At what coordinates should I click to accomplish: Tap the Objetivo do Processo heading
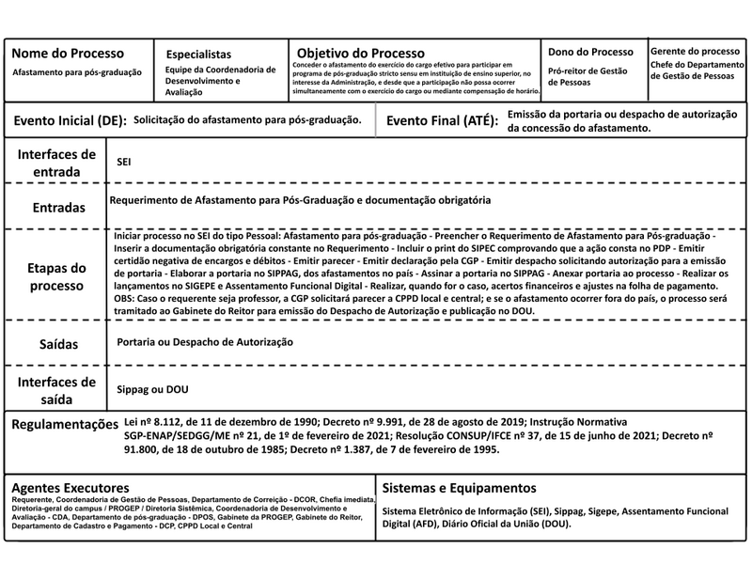click(361, 53)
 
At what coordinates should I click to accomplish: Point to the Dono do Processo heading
click(590, 52)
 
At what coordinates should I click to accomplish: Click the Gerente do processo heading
click(694, 50)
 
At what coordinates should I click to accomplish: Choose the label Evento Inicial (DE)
click(68, 122)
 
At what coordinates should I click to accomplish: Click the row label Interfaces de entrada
click(56, 161)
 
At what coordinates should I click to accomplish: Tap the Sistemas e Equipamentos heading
click(460, 488)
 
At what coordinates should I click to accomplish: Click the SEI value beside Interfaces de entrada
click(123, 162)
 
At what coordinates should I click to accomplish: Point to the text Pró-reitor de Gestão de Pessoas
click(587, 77)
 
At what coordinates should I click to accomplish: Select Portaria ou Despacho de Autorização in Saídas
click(205, 342)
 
